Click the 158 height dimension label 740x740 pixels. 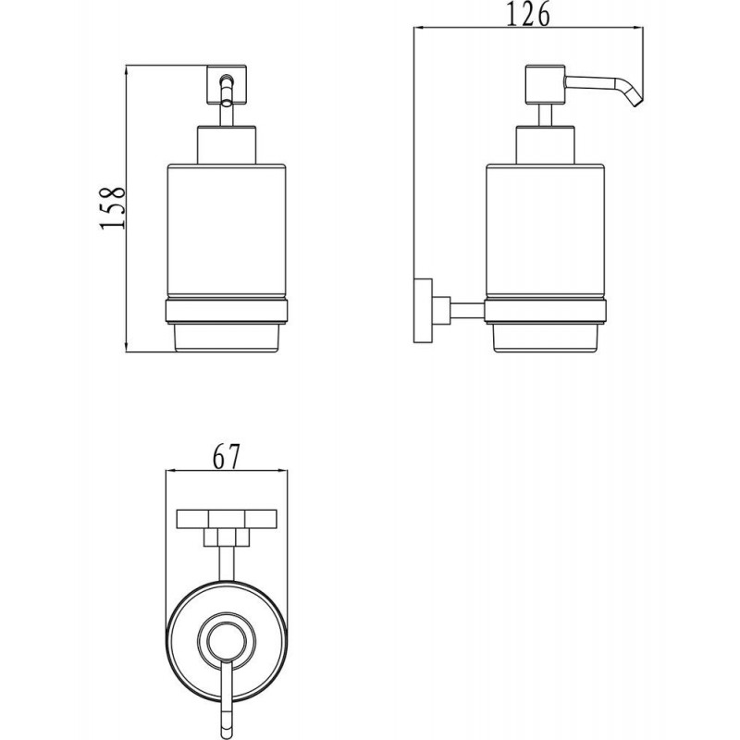point(113,207)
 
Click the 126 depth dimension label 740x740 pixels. point(528,14)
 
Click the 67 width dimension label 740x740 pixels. point(227,456)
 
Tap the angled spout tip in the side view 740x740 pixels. point(637,101)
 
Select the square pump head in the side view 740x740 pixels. point(545,84)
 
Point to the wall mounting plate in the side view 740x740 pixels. point(423,311)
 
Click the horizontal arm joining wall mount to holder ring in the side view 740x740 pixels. point(467,311)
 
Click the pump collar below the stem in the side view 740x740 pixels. point(545,145)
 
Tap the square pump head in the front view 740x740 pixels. point(226,84)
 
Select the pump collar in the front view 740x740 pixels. point(227,145)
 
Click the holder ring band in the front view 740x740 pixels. point(227,311)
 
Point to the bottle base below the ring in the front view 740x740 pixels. point(227,338)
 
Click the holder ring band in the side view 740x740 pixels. point(545,311)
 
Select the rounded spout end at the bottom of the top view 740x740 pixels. point(227,728)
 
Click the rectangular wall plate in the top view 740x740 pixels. point(227,519)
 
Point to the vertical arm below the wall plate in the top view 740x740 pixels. point(227,563)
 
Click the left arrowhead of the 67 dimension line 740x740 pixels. point(172,471)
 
